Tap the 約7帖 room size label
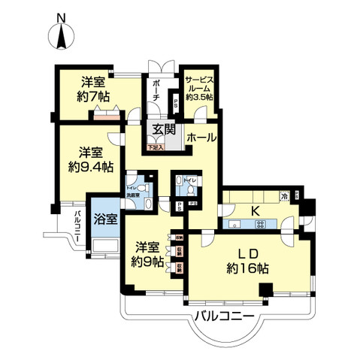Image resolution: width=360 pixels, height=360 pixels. (x=96, y=96)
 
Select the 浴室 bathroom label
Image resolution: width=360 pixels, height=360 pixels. (x=104, y=219)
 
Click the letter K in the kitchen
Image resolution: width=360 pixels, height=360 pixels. (x=255, y=210)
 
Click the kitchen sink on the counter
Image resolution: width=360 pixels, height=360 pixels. (x=235, y=225)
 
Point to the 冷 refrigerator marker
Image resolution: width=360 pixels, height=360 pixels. (x=284, y=196)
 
